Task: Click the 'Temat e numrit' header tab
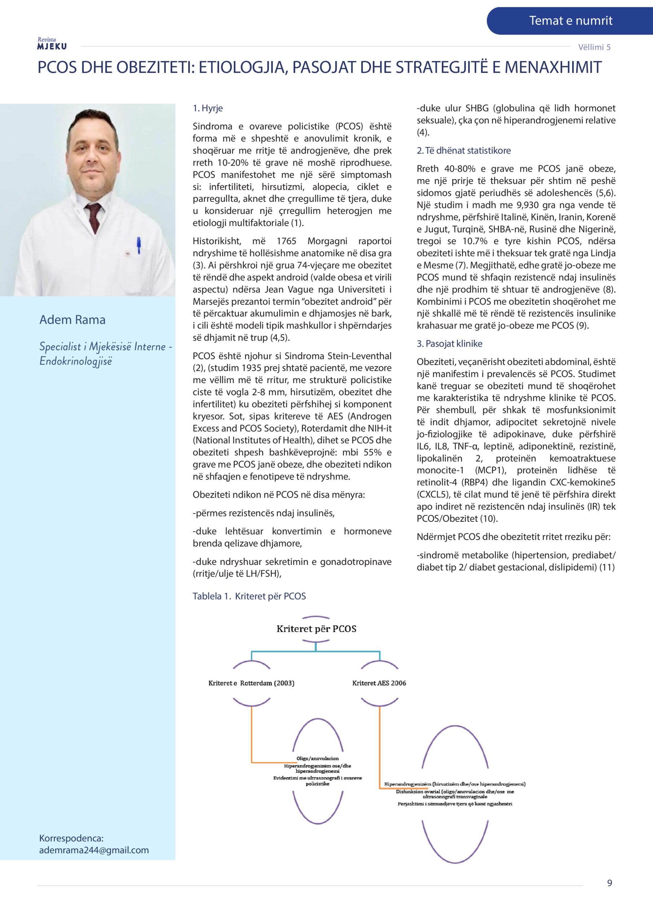pyautogui.click(x=570, y=21)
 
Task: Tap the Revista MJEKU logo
pyautogui.click(x=52, y=44)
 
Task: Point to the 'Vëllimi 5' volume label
pyautogui.click(x=594, y=47)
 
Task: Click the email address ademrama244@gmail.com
pyautogui.click(x=94, y=850)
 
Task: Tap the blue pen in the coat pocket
pyautogui.click(x=139, y=245)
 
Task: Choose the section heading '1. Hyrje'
pyautogui.click(x=207, y=108)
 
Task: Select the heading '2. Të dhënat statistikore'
pyautogui.click(x=464, y=151)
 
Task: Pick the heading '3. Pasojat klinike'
pyautogui.click(x=450, y=344)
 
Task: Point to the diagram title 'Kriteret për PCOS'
pyautogui.click(x=316, y=629)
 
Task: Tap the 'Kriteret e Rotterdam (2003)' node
pyautogui.click(x=251, y=683)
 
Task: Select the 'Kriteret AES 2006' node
pyautogui.click(x=379, y=683)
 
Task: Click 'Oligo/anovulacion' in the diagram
pyautogui.click(x=317, y=759)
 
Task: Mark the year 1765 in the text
pyautogui.click(x=286, y=241)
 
